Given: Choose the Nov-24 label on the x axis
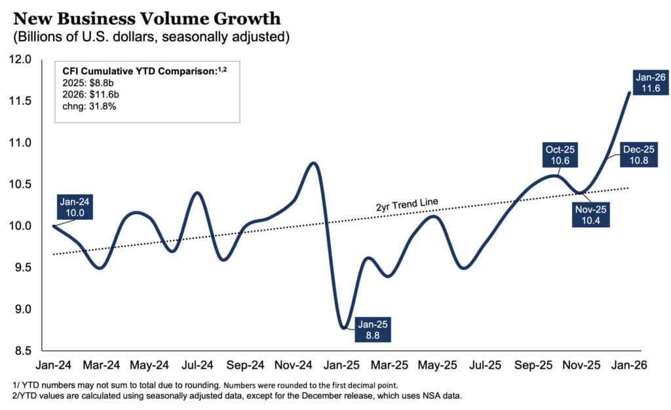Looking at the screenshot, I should [296, 365].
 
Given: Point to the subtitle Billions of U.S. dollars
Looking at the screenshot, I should [147, 37].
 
